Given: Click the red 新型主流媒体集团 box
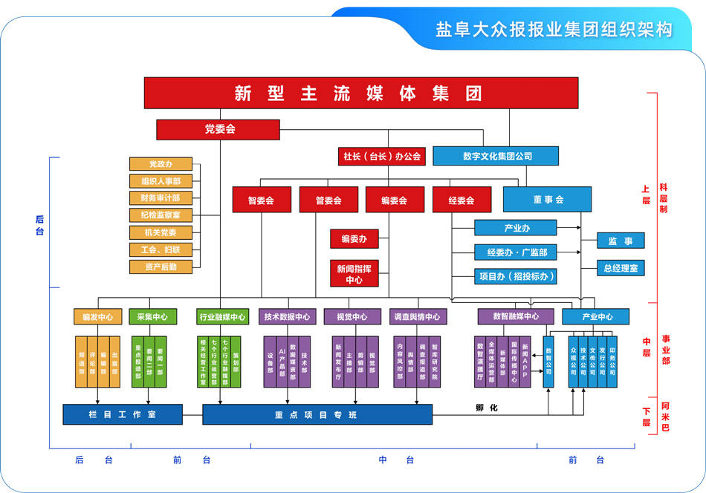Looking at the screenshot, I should (x=360, y=93).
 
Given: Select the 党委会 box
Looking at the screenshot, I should (x=219, y=129).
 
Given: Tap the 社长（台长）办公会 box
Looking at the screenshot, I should (x=381, y=157).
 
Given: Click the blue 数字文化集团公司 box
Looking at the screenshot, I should (x=496, y=157).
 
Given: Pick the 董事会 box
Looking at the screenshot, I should (x=547, y=200).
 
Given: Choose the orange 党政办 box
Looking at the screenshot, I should (x=161, y=164).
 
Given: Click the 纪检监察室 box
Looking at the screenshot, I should (x=161, y=215).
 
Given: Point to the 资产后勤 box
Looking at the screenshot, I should (x=161, y=267).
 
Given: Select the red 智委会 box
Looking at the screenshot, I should (x=261, y=200).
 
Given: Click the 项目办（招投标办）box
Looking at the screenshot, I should (x=516, y=276).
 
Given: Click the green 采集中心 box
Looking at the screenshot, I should (x=152, y=317).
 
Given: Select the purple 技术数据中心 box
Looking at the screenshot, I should (x=287, y=317).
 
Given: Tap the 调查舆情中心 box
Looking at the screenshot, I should (x=418, y=317).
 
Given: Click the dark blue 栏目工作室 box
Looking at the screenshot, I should (x=123, y=414).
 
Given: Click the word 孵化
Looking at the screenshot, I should (x=486, y=408).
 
